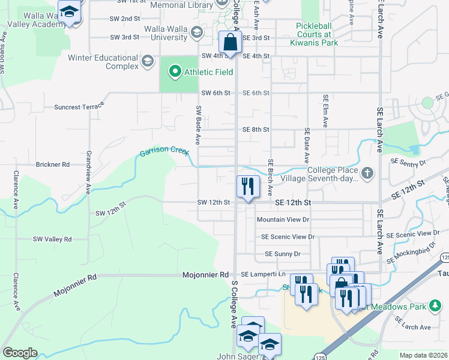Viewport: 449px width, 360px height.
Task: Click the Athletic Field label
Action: coord(208,73)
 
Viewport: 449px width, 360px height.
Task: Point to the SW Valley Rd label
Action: coord(52,239)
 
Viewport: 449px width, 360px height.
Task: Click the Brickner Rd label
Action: coord(53,164)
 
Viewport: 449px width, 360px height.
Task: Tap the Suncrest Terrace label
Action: coord(79,106)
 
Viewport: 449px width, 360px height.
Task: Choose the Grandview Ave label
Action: coord(88,172)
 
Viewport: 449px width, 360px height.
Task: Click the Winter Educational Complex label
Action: coord(104,62)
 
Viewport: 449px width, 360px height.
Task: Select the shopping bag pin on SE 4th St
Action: coord(230,43)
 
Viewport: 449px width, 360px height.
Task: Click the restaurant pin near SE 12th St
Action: coord(247,186)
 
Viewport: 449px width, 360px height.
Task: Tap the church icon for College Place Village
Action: coord(366,174)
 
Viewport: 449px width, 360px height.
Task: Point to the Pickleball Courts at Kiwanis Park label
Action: coord(317,34)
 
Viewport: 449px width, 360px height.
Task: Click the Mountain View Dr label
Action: coord(283,220)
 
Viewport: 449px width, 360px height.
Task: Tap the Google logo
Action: coord(20,353)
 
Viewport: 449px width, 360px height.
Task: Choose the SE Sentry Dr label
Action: coord(408,162)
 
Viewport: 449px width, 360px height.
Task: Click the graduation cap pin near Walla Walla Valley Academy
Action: coord(70,11)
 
